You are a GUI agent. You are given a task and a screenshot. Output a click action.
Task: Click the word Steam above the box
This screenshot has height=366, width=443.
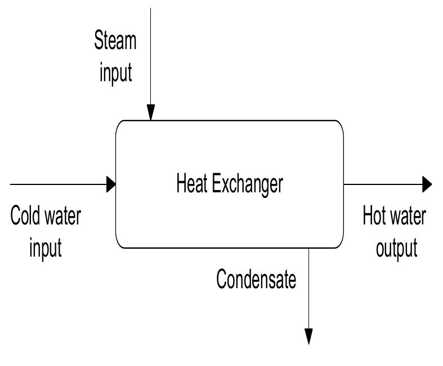coord(115,41)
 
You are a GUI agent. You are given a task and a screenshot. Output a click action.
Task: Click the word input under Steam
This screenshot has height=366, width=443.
coord(116,73)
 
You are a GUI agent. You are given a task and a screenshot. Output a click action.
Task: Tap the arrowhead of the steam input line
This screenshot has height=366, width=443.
coord(151,114)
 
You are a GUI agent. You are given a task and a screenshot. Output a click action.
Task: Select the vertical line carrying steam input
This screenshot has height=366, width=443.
coord(151,56)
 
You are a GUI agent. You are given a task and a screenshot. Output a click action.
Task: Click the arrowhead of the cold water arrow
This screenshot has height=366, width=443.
coord(111,183)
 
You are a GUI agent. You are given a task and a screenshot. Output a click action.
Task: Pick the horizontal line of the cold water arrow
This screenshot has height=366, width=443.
coord(56,183)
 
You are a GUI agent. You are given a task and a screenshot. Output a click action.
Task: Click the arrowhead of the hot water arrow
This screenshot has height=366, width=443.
coord(427,183)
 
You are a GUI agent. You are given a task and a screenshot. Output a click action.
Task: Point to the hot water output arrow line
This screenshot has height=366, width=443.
coord(383,183)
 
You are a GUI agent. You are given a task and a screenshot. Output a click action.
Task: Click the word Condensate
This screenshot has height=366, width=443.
coord(256,279)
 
